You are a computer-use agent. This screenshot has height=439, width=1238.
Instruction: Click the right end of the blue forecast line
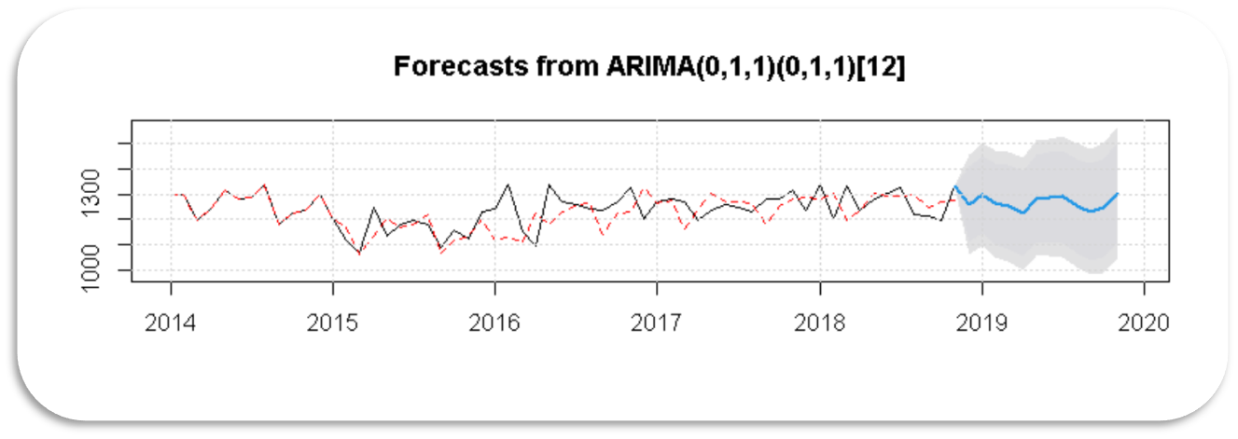tap(1117, 194)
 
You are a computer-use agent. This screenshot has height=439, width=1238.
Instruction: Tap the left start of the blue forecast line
tap(955, 186)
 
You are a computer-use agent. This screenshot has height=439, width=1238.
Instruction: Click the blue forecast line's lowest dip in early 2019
tap(1023, 213)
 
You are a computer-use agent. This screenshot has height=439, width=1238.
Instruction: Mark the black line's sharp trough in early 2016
tap(536, 245)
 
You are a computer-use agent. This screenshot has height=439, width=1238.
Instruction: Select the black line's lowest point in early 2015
tap(359, 253)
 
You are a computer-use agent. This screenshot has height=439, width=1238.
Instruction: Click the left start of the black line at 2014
tap(172, 195)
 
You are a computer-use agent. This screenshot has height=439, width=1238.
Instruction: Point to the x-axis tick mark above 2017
tap(658, 285)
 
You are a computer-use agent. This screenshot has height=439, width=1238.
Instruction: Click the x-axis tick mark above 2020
tap(1144, 285)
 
